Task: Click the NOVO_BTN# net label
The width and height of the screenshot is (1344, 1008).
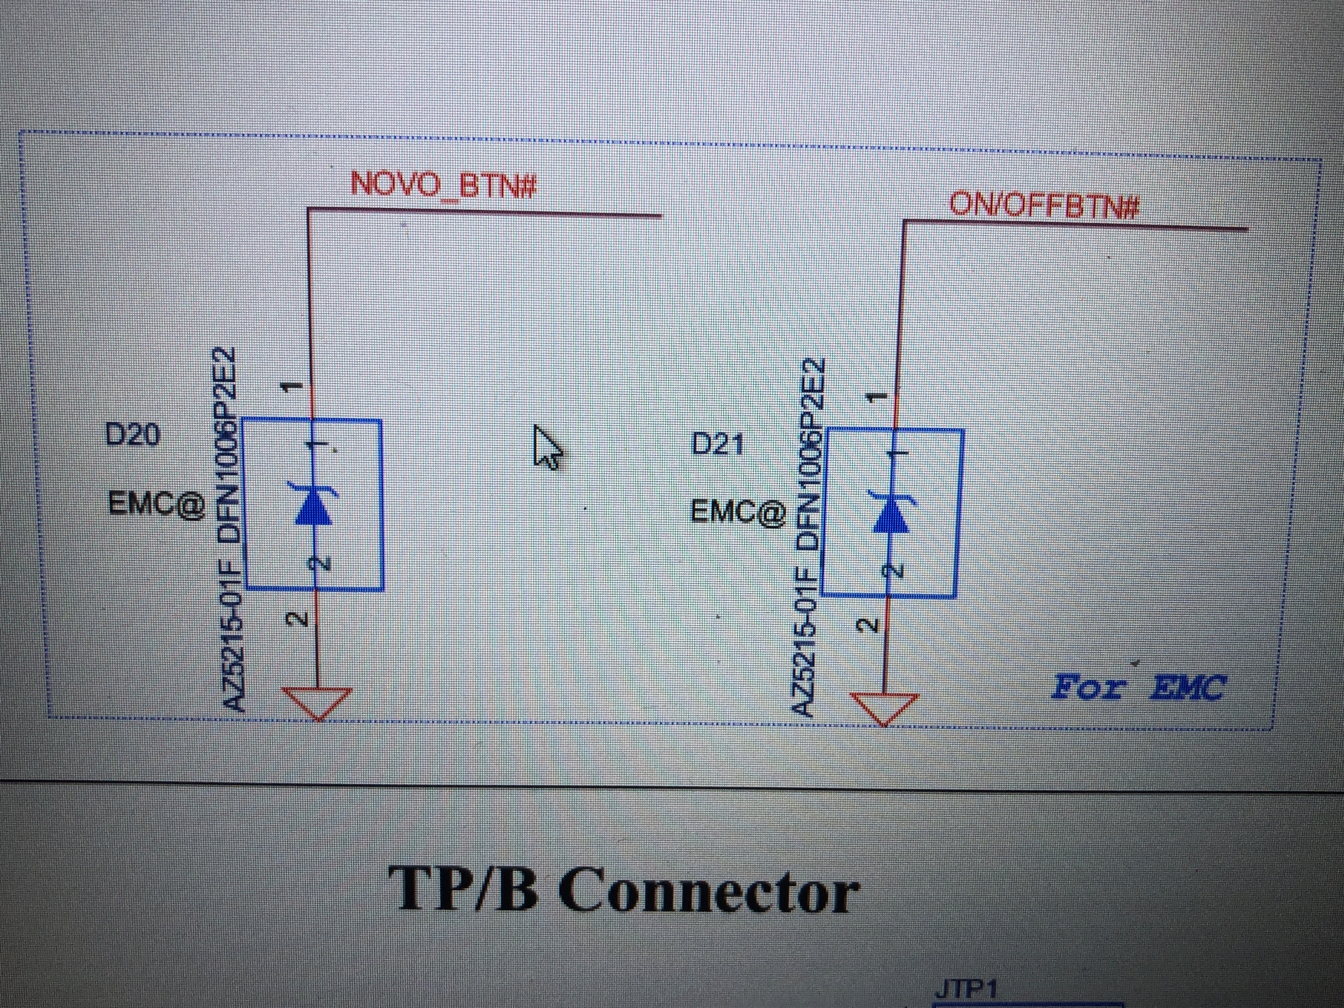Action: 443,184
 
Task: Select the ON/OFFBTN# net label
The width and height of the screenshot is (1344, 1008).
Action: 1044,205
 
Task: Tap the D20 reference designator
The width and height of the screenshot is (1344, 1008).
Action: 133,435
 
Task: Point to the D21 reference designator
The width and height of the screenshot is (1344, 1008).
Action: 717,444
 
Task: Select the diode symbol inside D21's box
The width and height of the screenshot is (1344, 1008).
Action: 891,513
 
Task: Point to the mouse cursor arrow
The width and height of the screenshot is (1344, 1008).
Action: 547,447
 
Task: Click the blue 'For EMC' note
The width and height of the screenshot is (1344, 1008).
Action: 1138,687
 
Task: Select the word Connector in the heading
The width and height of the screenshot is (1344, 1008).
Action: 709,891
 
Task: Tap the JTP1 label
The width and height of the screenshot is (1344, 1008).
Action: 966,990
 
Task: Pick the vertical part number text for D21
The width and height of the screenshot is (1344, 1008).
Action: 809,537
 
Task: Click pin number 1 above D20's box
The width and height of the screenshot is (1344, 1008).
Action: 291,387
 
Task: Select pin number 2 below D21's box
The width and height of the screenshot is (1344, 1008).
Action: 867,625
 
